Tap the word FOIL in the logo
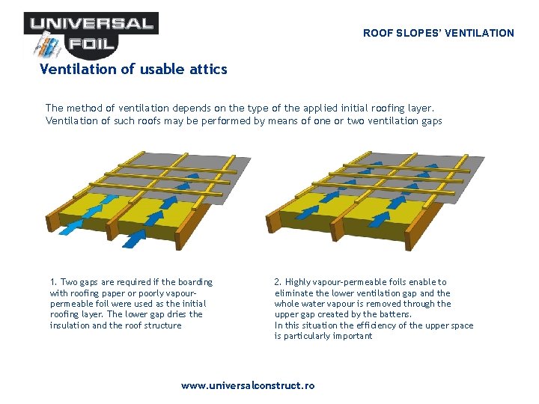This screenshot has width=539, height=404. [x=92, y=44]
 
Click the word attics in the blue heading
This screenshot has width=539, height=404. [x=208, y=70]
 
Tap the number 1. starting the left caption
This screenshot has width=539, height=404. [x=53, y=282]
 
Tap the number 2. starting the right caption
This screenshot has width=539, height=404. [x=278, y=282]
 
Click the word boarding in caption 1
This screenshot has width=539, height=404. [x=194, y=282]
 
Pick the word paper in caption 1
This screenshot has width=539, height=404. [x=125, y=293]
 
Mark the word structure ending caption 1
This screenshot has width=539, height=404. [x=161, y=325]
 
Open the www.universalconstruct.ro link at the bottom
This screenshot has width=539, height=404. [x=248, y=386]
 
